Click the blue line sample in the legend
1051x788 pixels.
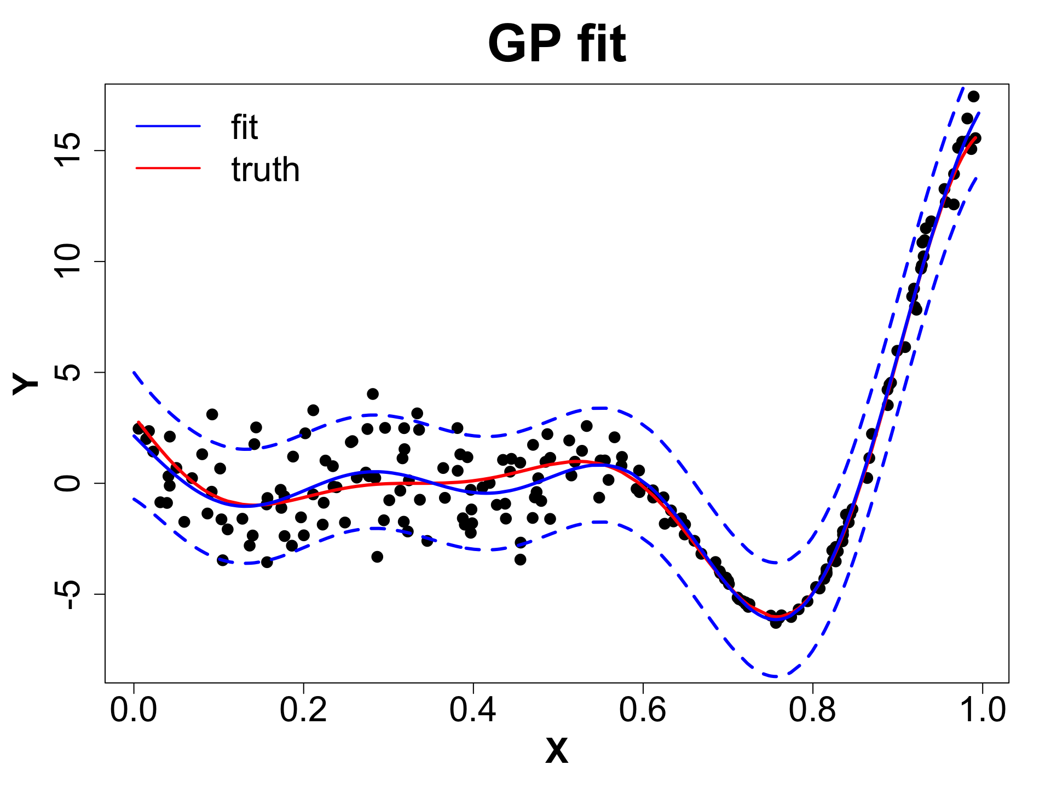pos(168,126)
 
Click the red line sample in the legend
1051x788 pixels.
pos(168,168)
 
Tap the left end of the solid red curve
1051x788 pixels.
pos(138,422)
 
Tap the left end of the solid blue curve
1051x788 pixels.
pos(134,436)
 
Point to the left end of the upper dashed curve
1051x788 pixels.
pos(134,372)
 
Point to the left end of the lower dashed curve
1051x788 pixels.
pos(134,499)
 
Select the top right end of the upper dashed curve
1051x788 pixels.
pos(963,86)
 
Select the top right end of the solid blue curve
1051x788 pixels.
pos(979,113)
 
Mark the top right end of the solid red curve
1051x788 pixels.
pos(976,137)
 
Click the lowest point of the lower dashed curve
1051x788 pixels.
pos(776,677)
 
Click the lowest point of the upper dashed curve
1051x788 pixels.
pos(776,563)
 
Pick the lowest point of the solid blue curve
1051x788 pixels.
pos(776,619)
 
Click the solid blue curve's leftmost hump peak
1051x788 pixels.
pos(376,471)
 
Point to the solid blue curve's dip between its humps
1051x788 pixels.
pos(485,494)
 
